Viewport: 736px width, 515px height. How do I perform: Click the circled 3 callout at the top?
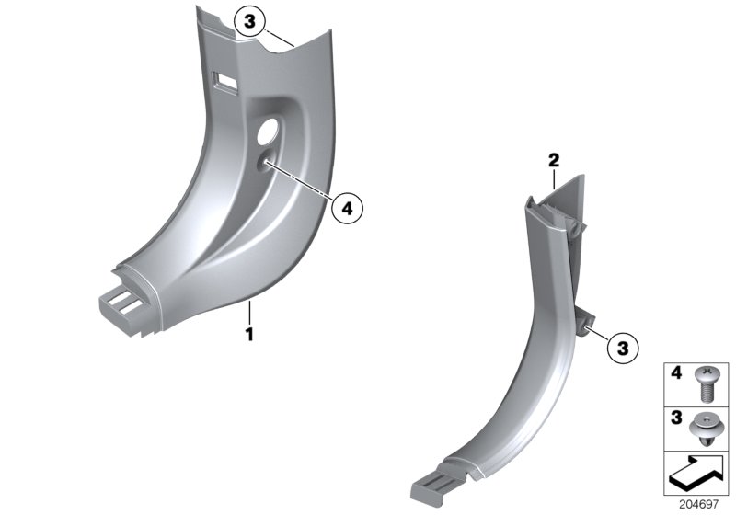pyautogui.click(x=253, y=20)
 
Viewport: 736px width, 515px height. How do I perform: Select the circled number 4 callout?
pyautogui.click(x=347, y=208)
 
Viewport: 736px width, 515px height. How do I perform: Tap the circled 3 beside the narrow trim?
pyautogui.click(x=623, y=348)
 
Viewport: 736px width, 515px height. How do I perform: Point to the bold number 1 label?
pyautogui.click(x=248, y=332)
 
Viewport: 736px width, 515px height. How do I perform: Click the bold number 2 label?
pyautogui.click(x=554, y=161)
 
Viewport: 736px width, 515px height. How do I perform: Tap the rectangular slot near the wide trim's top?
pyautogui.click(x=221, y=81)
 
